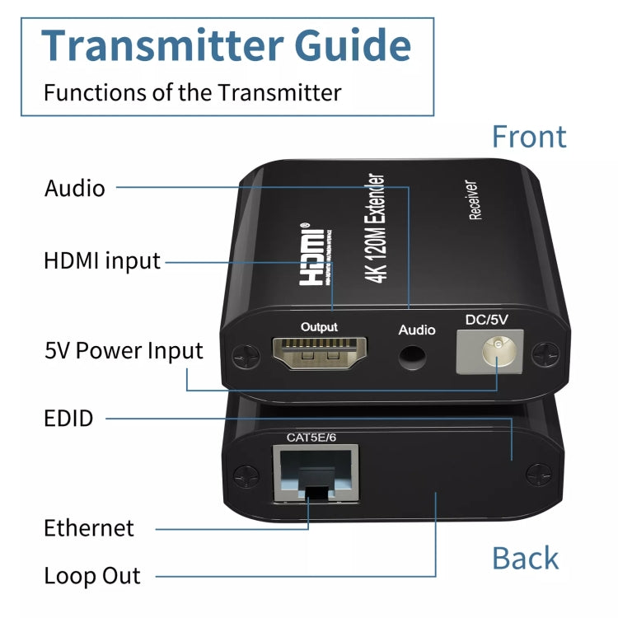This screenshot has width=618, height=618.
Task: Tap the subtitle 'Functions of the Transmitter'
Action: coord(192,91)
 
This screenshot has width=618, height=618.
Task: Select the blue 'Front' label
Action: coord(529,137)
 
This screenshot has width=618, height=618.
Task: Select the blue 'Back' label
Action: coord(525,558)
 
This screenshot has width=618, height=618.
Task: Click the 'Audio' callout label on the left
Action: coord(75,188)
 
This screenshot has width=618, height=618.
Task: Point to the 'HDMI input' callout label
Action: coord(102,261)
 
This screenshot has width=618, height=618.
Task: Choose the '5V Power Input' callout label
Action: coord(124,351)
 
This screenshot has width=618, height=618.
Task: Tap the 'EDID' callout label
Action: coord(68,418)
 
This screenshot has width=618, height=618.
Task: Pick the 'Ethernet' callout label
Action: coord(89,527)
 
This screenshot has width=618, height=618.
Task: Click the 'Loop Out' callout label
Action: coord(92,575)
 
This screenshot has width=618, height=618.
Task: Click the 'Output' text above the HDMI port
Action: coord(319,327)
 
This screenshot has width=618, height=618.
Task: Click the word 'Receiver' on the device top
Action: coord(475,200)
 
